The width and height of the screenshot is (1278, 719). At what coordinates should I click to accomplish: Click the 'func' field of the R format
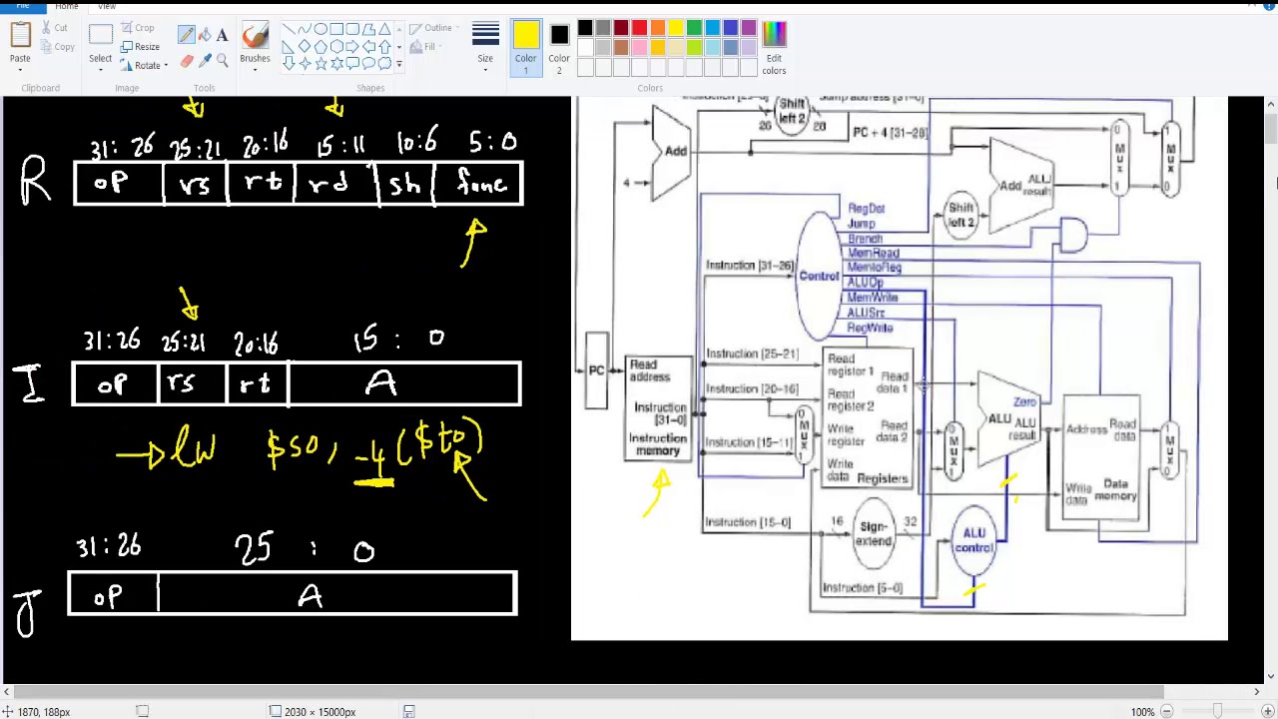click(481, 184)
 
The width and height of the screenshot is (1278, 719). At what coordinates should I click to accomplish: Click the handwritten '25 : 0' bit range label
click(305, 550)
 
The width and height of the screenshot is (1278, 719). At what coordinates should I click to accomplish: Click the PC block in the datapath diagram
click(596, 370)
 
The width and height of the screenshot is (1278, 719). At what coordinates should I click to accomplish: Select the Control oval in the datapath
click(819, 276)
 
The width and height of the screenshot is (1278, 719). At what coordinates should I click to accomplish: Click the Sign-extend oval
click(873, 534)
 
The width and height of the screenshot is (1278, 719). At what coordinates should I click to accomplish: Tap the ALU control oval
click(973, 540)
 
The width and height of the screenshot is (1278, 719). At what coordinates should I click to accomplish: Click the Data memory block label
click(1114, 490)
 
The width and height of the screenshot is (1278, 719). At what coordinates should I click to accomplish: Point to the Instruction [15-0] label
click(748, 522)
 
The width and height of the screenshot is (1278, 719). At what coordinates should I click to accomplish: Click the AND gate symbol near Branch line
click(1072, 236)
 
